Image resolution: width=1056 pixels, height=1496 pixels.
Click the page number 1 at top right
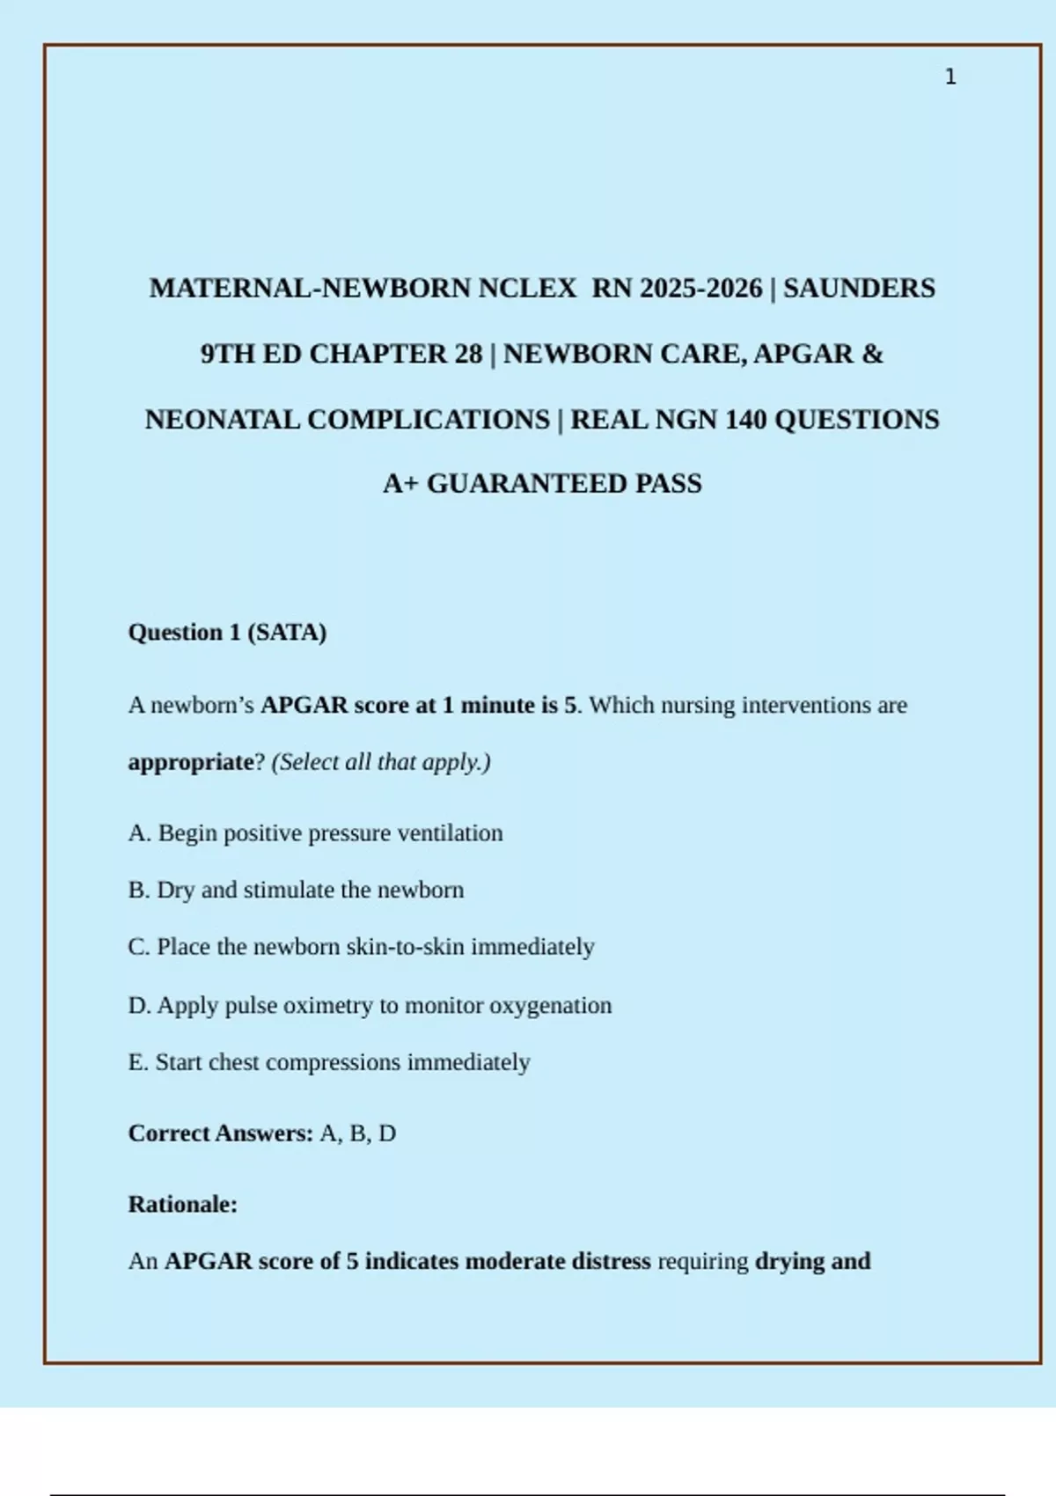(x=950, y=77)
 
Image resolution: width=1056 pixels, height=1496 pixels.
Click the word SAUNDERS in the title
(x=859, y=289)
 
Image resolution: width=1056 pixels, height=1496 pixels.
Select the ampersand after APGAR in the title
(x=872, y=354)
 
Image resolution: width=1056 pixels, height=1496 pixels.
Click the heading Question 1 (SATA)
(x=227, y=633)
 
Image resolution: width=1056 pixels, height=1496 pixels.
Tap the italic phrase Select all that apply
(x=381, y=762)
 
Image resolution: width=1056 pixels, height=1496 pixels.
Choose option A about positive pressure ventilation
(x=315, y=833)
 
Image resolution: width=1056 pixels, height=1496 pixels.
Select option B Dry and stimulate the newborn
(x=296, y=890)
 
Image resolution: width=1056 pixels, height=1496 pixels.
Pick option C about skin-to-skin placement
(x=361, y=947)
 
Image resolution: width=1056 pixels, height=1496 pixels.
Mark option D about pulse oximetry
(x=370, y=1005)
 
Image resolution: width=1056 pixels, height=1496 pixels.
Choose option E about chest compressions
(x=329, y=1062)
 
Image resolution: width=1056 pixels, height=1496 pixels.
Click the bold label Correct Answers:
(x=220, y=1133)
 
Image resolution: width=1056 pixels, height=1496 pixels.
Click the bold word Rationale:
(x=183, y=1204)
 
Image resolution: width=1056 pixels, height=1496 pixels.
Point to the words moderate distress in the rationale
(x=558, y=1261)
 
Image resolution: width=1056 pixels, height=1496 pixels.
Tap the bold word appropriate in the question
(x=190, y=762)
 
